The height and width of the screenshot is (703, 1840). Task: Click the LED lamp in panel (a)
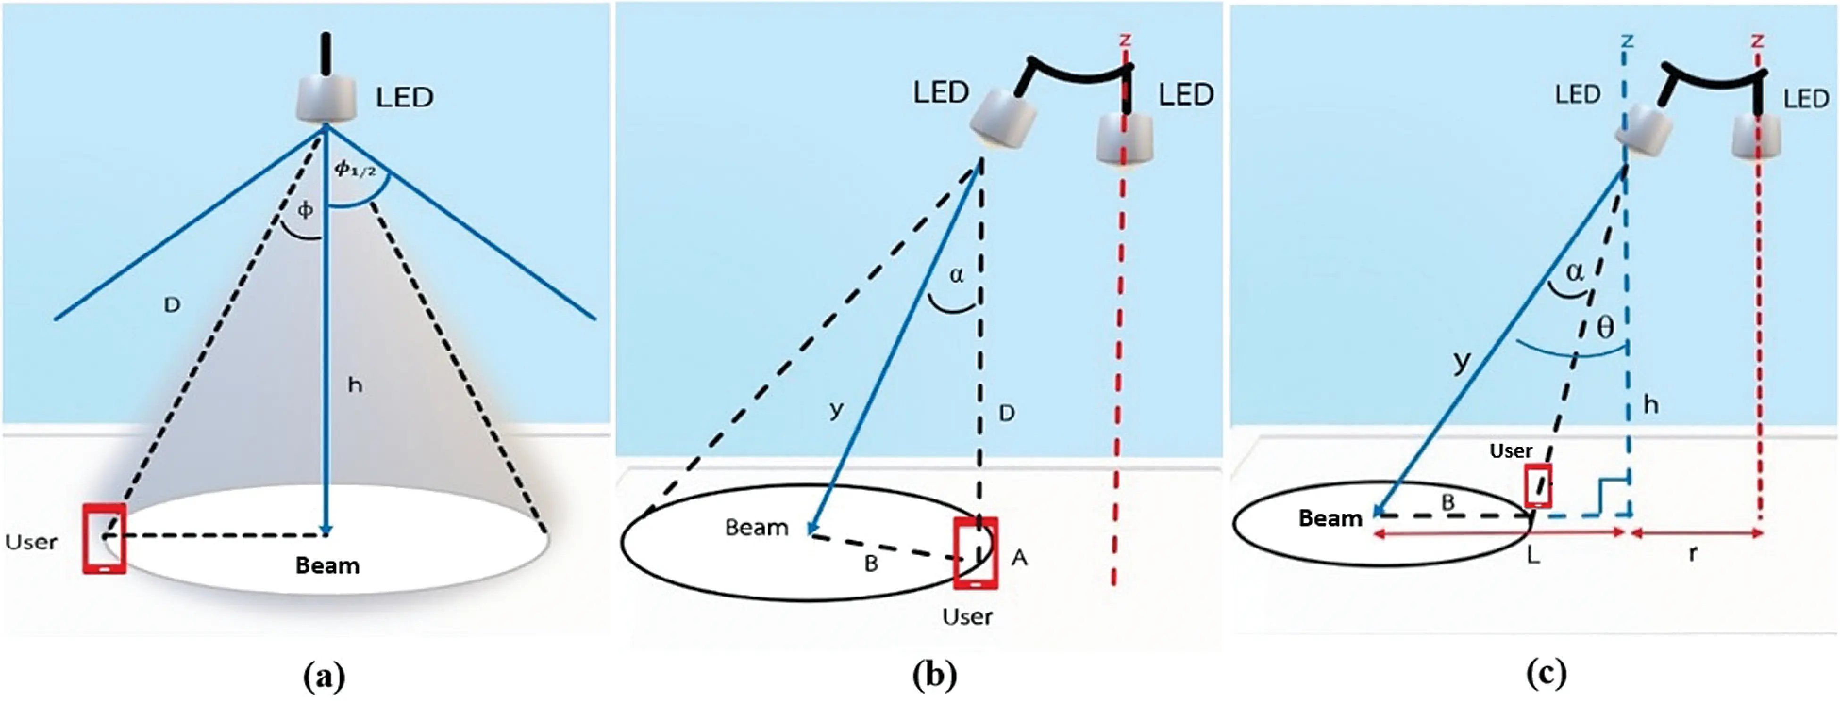point(326,98)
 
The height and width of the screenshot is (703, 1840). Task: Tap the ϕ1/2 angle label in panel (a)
point(355,169)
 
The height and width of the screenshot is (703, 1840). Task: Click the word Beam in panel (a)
point(327,566)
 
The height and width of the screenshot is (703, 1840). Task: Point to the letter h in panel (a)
point(355,386)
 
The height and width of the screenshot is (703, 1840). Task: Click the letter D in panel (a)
point(172,305)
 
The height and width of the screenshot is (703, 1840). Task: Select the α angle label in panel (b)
point(956,275)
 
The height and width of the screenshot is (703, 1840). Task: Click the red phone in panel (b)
point(976,553)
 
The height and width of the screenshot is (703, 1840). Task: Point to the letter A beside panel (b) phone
point(1019,558)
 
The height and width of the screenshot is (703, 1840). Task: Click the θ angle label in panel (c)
point(1605,327)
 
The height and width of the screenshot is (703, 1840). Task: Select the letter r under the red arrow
point(1692,553)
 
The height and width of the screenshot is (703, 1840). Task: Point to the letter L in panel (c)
point(1533,555)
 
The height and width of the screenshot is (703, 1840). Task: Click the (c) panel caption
point(1546,673)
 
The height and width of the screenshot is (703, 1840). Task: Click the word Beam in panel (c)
point(1330,518)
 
